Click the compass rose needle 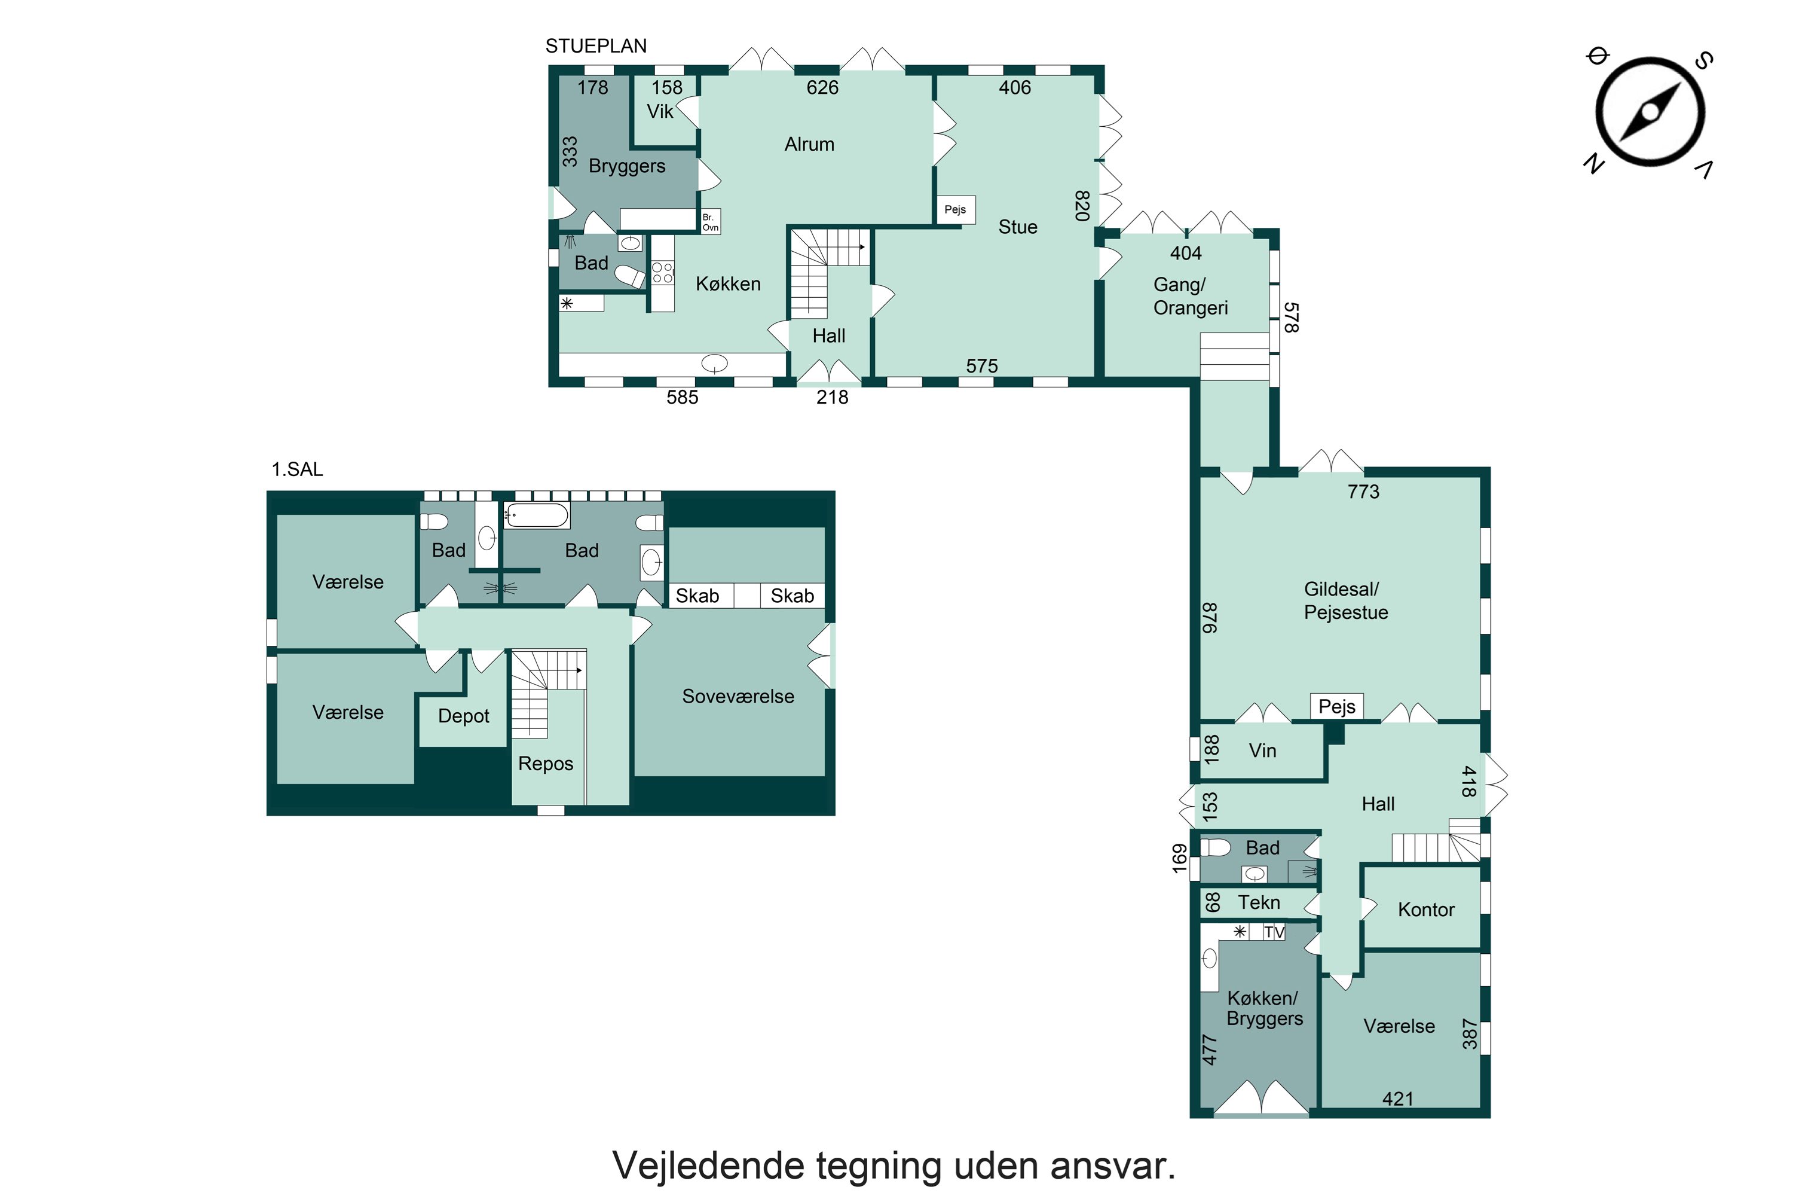coord(1649,112)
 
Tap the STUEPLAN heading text coord(595,47)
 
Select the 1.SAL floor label coord(296,469)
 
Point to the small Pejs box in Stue coord(954,210)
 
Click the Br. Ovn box coord(710,222)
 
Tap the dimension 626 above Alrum coord(822,88)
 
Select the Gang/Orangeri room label coord(1189,296)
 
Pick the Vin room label coord(1262,750)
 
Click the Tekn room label coord(1258,902)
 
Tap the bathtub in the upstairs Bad coord(537,515)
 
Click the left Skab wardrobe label coord(697,596)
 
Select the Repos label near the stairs coord(545,764)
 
